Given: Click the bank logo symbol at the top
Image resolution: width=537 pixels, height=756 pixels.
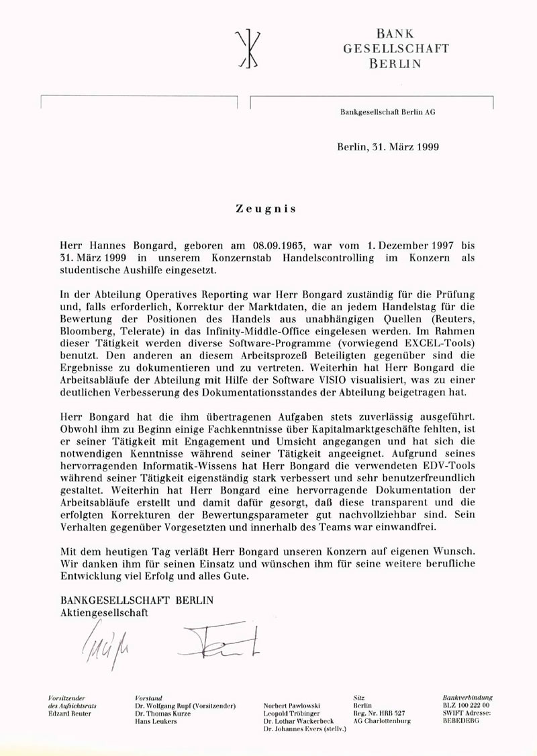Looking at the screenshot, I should coord(250,49).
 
